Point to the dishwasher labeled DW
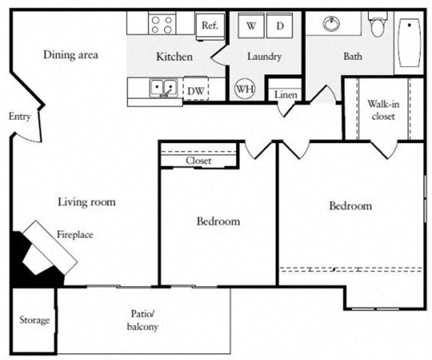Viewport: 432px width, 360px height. pyautogui.click(x=196, y=91)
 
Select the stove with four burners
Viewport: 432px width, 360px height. pyautogui.click(x=162, y=24)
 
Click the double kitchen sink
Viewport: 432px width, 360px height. pyautogui.click(x=163, y=88)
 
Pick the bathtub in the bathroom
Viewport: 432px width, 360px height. pyautogui.click(x=409, y=43)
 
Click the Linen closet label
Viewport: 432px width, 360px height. pyautogui.click(x=284, y=95)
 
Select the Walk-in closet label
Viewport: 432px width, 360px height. pyautogui.click(x=382, y=110)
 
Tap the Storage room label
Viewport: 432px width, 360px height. pyautogui.click(x=34, y=320)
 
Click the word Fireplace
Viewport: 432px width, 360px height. pyautogui.click(x=75, y=235)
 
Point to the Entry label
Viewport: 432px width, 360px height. pyautogui.click(x=19, y=117)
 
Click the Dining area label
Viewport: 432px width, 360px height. pyautogui.click(x=70, y=55)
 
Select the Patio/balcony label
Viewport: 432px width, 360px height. pyautogui.click(x=142, y=321)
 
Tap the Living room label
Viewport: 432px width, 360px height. pyautogui.click(x=87, y=202)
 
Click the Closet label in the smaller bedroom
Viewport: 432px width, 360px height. pyautogui.click(x=199, y=160)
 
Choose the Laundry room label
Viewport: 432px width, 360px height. pyautogui.click(x=265, y=57)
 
